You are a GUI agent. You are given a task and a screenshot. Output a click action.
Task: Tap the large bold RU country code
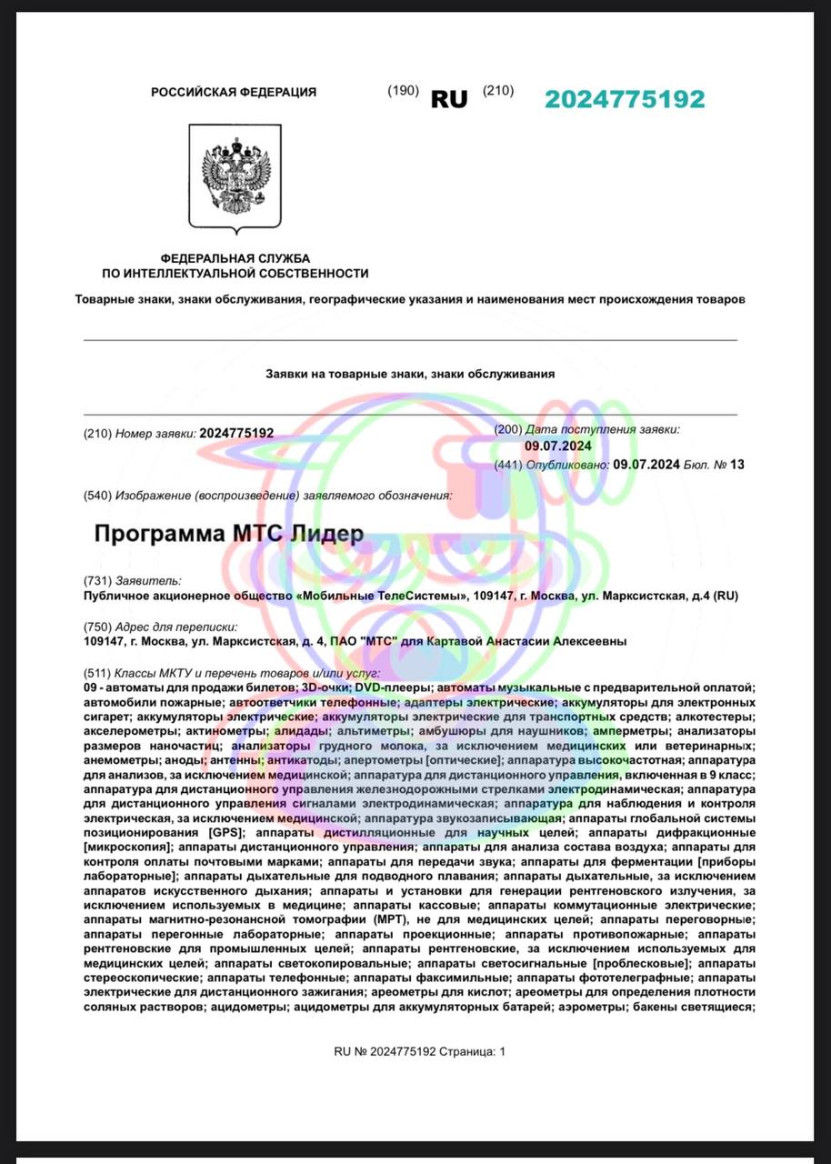pyautogui.click(x=449, y=99)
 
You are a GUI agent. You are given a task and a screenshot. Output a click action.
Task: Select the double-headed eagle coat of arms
pyautogui.click(x=234, y=176)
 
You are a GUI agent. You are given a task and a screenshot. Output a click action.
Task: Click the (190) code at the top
pyautogui.click(x=403, y=90)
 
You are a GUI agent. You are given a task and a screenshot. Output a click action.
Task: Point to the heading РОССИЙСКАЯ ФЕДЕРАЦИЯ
pyautogui.click(x=234, y=92)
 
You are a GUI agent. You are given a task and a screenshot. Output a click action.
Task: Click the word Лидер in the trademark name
pyautogui.click(x=325, y=534)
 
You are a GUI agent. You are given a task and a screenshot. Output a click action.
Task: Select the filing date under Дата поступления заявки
pyautogui.click(x=558, y=446)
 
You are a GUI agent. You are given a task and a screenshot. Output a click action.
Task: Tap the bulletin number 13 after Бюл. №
pyautogui.click(x=736, y=465)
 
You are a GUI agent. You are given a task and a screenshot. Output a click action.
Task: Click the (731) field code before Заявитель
pyautogui.click(x=97, y=580)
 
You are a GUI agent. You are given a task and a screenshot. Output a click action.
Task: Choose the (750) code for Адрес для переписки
pyautogui.click(x=97, y=627)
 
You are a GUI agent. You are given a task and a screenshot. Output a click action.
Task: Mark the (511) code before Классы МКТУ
pyautogui.click(x=97, y=674)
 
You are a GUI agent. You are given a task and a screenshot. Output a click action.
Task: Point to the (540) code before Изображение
pyautogui.click(x=97, y=496)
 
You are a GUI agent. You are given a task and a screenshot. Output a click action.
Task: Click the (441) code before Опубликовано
pyautogui.click(x=508, y=465)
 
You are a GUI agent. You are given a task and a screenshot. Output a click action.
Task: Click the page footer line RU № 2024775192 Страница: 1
pyautogui.click(x=419, y=1051)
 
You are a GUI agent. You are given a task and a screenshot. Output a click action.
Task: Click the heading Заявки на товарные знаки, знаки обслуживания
pyautogui.click(x=410, y=374)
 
